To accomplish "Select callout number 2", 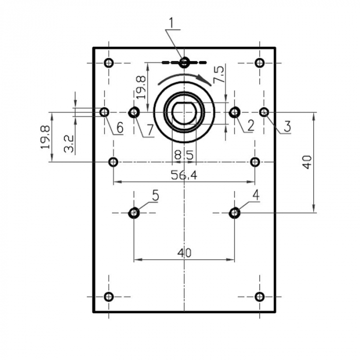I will click(x=250, y=124).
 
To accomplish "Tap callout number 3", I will click(x=287, y=125).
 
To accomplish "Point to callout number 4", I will click(x=256, y=195).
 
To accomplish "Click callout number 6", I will click(x=119, y=127).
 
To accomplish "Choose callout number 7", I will click(x=149, y=130).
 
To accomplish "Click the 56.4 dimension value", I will click(x=184, y=175).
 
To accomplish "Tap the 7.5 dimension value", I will click(x=219, y=75).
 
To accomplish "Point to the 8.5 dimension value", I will click(x=184, y=154).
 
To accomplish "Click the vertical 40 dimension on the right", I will click(x=308, y=163).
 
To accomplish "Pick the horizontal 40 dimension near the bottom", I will click(x=184, y=253).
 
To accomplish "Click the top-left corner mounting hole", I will click(x=109, y=63).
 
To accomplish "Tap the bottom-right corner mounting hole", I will click(x=260, y=297).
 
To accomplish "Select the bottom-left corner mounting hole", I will click(x=109, y=297).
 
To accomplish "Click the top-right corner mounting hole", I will click(x=260, y=63).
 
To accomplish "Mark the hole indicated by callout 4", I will click(x=235, y=212).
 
